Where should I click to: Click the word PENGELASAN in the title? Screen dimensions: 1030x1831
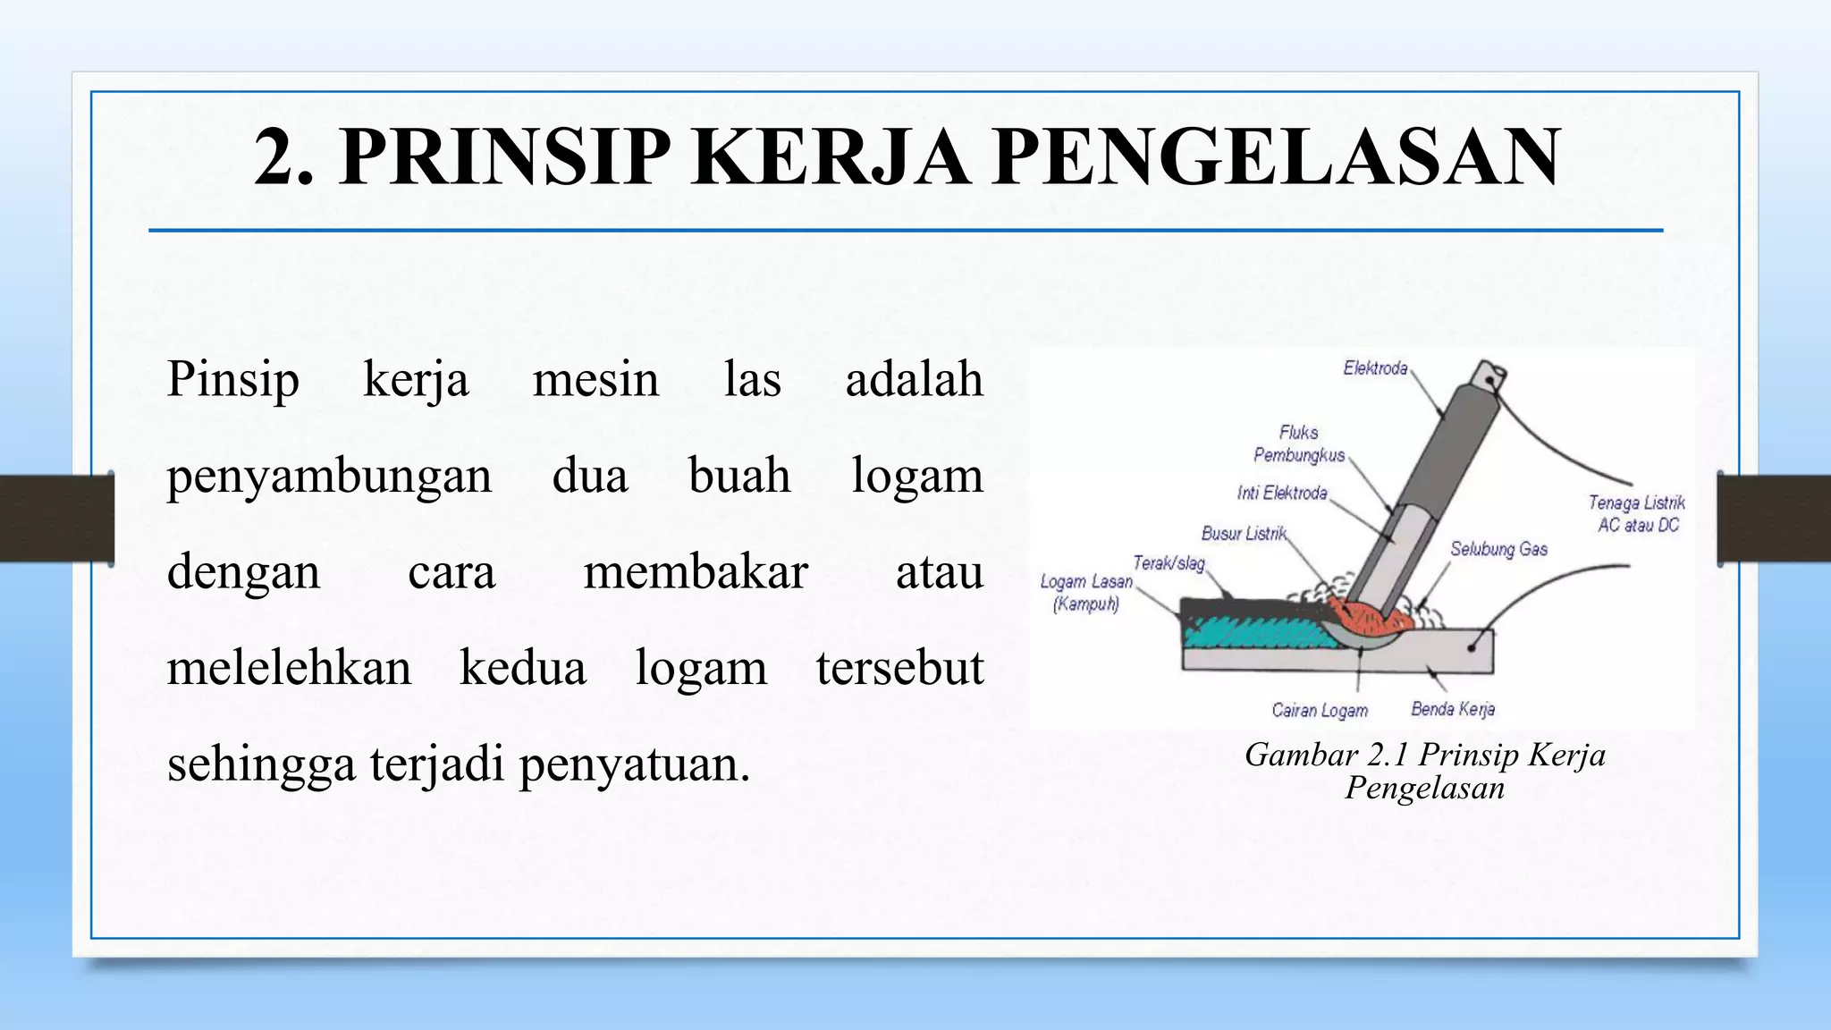1276,157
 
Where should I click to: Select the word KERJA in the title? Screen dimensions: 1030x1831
831,157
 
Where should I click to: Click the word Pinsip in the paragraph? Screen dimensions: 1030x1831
232,379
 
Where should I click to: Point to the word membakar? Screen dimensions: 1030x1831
695,572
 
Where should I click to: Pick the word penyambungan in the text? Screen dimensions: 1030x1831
329,476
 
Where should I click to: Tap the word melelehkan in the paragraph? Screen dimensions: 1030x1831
289,668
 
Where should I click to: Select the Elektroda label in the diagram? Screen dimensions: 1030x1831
1375,368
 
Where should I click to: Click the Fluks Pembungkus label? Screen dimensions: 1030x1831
1299,444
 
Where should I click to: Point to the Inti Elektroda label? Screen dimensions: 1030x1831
1282,493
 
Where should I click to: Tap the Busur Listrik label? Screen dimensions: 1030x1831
1244,534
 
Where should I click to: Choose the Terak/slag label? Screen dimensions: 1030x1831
1169,563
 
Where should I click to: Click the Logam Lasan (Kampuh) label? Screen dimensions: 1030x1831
1086,593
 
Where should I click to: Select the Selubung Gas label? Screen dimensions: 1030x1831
1498,549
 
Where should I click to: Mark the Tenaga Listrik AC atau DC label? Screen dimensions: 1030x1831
1637,514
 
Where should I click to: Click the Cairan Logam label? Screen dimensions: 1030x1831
1320,711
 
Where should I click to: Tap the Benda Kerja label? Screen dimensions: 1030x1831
1453,710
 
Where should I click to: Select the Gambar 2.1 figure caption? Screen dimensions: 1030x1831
1425,772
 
